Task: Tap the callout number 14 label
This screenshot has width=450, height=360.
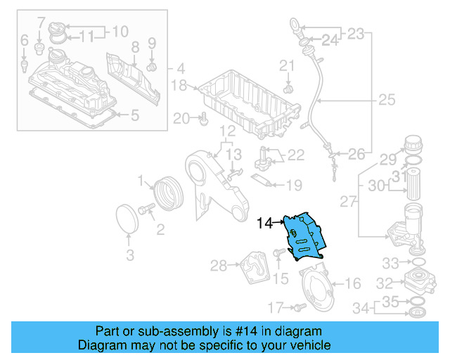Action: click(264, 224)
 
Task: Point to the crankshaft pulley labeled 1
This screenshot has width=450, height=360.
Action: click(167, 194)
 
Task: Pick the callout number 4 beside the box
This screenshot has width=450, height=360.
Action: click(181, 69)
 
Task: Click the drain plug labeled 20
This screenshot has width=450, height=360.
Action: click(203, 119)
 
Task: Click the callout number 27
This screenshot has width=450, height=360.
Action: click(349, 202)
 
